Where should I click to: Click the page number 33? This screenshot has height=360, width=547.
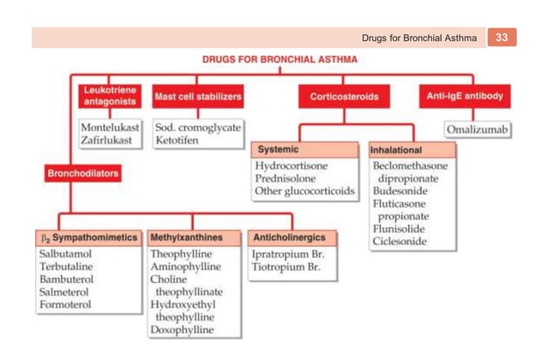pyautogui.click(x=502, y=37)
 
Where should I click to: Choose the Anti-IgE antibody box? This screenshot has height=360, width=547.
pyautogui.click(x=465, y=96)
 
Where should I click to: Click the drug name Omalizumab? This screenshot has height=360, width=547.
pyautogui.click(x=478, y=129)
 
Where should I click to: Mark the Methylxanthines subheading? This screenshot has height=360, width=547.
pyautogui.click(x=186, y=237)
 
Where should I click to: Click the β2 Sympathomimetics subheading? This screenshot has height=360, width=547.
pyautogui.click(x=89, y=237)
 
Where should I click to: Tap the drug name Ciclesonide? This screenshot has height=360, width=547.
pyautogui.click(x=400, y=241)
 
